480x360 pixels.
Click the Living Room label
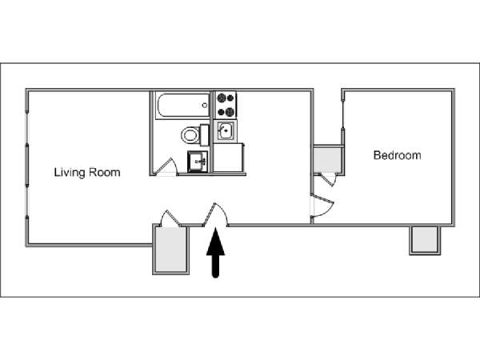point(87,172)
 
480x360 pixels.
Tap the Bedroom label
point(397,155)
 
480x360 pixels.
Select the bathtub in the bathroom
point(182,106)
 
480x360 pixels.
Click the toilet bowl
point(190,135)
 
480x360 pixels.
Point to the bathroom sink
point(198,161)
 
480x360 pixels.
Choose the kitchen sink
point(226,130)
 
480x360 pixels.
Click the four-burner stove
point(226,105)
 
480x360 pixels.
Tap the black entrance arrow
point(216,253)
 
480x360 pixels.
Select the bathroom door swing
point(166,167)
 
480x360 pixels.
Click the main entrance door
point(216,214)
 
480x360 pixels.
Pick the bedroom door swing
point(322,206)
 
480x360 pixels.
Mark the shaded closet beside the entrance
point(171,250)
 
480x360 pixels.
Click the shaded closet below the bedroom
point(425,239)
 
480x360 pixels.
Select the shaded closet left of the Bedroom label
point(327,159)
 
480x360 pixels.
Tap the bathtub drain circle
point(205,106)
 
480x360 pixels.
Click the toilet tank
point(204,135)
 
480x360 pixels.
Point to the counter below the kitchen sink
point(228,158)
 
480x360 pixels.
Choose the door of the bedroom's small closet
point(329,179)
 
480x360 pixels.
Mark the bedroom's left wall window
point(343,113)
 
